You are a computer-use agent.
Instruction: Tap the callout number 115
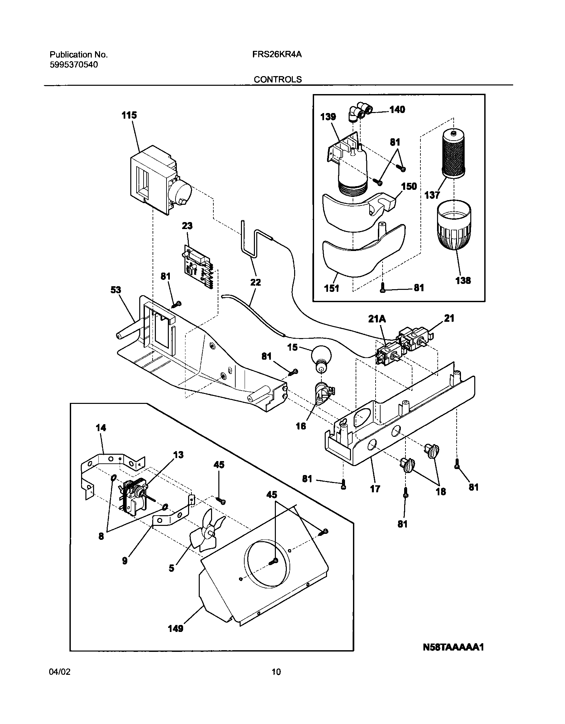(129, 115)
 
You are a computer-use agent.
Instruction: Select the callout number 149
(176, 638)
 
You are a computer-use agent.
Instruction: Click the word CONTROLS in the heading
(278, 80)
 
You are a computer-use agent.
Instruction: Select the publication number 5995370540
(74, 65)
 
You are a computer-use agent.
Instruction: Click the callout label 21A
(377, 319)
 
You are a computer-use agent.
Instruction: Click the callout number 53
(116, 290)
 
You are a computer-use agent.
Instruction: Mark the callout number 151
(331, 289)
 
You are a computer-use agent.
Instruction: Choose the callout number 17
(375, 489)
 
